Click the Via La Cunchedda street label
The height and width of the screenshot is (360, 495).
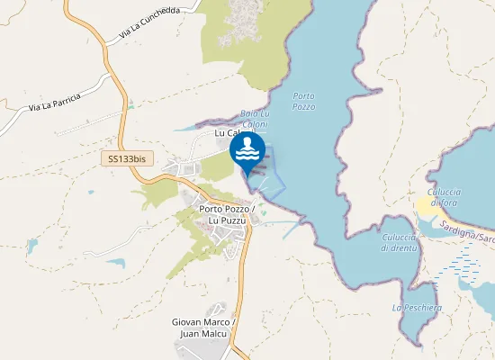[149, 23]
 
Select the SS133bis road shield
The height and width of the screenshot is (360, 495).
[126, 157]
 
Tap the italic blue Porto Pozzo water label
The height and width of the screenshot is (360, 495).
[303, 101]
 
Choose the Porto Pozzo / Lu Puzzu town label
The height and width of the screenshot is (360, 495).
[227, 215]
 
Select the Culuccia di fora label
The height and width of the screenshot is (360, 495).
[444, 197]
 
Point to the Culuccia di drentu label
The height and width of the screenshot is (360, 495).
[399, 243]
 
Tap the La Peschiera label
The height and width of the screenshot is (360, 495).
[417, 307]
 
